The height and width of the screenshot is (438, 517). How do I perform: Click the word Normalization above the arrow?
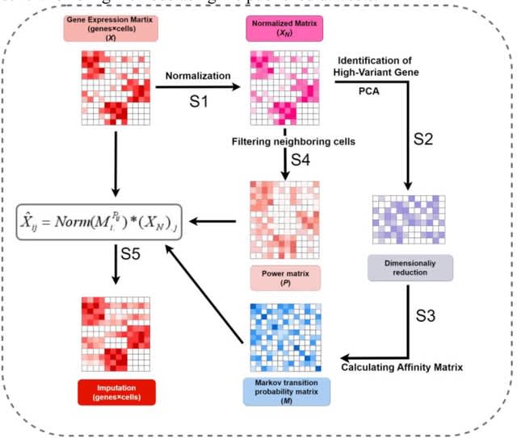(x=199, y=76)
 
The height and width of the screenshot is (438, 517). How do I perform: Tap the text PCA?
(x=372, y=91)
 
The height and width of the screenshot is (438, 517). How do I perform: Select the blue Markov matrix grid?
(x=287, y=333)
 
